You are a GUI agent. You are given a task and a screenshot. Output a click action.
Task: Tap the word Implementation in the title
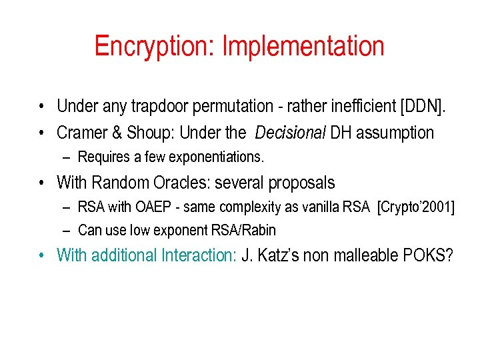[303, 46]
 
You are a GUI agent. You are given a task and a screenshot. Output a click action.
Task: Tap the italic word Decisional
[291, 133]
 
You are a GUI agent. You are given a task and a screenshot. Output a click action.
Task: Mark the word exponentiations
[219, 157]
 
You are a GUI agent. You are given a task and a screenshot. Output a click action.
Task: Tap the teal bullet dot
[41, 255]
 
